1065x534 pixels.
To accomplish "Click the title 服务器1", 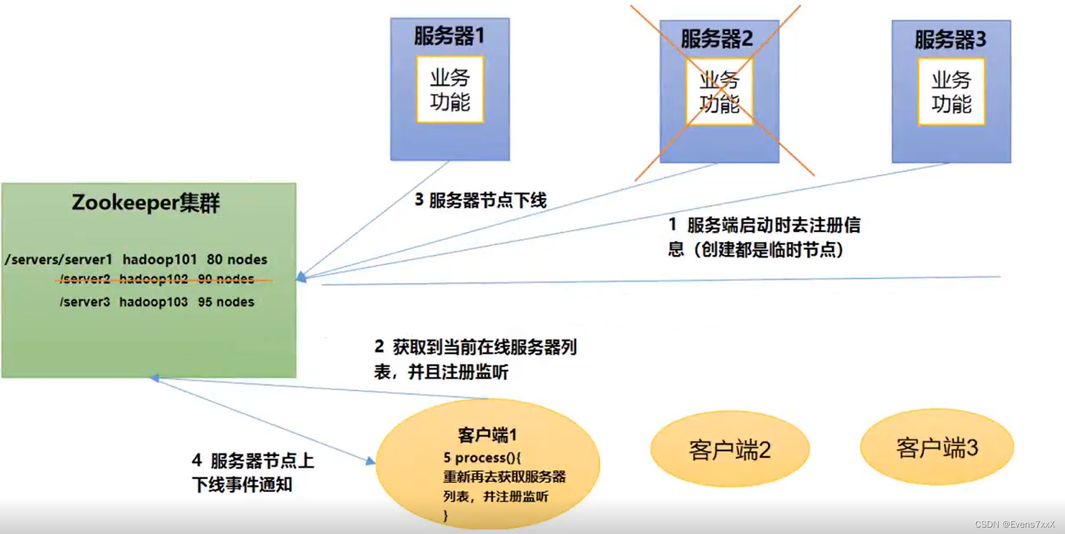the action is (450, 36).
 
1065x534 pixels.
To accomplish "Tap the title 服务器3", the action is (950, 40).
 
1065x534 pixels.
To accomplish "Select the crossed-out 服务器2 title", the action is (717, 39).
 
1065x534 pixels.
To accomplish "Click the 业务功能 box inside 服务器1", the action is (450, 89).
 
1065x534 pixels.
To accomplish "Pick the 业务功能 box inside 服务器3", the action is (951, 92).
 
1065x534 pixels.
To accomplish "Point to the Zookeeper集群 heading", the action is (146, 203).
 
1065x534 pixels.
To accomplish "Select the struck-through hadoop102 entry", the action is (154, 279).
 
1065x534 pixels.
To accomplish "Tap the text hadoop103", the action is (154, 302).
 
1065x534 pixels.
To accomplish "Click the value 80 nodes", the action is (237, 259).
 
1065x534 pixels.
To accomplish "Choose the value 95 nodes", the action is (226, 302).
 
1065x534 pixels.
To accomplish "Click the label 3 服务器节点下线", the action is (481, 201).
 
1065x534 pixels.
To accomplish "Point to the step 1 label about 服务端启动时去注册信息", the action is (763, 237).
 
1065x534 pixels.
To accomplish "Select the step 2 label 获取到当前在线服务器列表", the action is (475, 359).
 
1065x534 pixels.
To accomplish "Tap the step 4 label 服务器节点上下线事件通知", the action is (252, 472).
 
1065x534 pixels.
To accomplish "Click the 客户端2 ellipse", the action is (730, 450).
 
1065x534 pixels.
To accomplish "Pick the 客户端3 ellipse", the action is (937, 448).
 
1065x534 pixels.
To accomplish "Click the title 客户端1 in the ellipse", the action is (487, 435).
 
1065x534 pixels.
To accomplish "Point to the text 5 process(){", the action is (482, 458).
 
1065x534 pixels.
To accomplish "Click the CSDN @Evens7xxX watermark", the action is (1015, 524).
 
